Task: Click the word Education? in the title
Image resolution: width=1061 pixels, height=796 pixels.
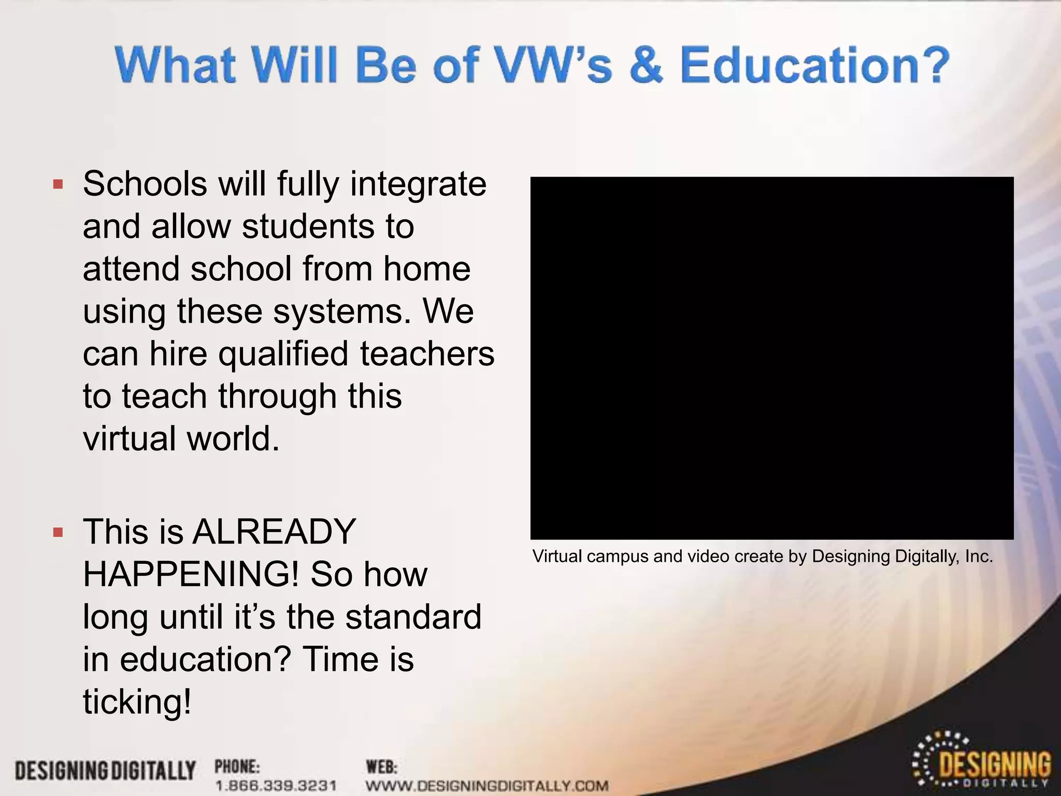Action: pyautogui.click(x=814, y=66)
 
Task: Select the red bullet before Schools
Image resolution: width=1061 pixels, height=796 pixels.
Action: pyautogui.click(x=58, y=184)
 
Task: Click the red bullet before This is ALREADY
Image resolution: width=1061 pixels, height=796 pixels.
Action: pyautogui.click(x=58, y=532)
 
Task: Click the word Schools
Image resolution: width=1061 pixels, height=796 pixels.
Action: pyautogui.click(x=145, y=184)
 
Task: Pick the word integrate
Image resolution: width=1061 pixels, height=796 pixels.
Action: pyautogui.click(x=419, y=184)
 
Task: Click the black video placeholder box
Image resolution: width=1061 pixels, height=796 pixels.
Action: pyautogui.click(x=771, y=358)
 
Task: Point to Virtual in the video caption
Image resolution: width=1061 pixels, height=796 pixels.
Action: pyautogui.click(x=557, y=557)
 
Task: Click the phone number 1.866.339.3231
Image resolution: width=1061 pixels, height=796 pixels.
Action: pyautogui.click(x=276, y=785)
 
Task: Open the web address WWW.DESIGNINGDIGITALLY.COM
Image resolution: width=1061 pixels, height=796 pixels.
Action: pyautogui.click(x=487, y=785)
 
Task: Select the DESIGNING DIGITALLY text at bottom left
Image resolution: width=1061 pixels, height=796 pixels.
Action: pyautogui.click(x=105, y=771)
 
